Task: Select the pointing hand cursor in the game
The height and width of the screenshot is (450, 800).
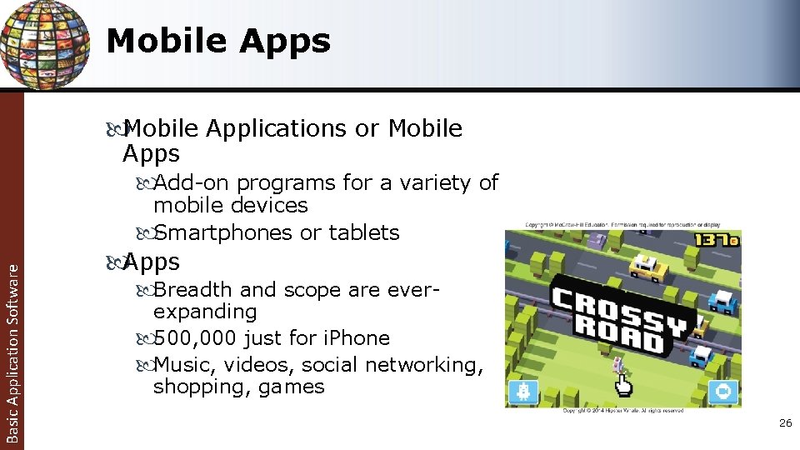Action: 622,383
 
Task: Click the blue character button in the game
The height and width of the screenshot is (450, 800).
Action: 524,392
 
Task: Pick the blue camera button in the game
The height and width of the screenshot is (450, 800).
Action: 723,392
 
